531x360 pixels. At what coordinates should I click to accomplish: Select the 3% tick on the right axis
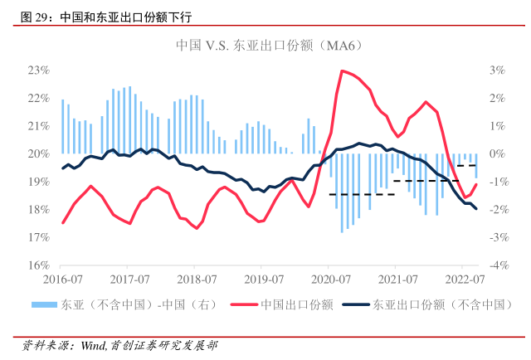click(x=496, y=70)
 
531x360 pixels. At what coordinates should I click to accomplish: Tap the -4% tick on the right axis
click(x=496, y=266)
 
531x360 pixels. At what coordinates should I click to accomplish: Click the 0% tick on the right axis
click(x=496, y=154)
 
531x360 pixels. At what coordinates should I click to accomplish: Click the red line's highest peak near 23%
click(x=342, y=71)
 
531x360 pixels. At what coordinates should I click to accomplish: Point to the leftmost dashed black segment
click(x=362, y=194)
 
